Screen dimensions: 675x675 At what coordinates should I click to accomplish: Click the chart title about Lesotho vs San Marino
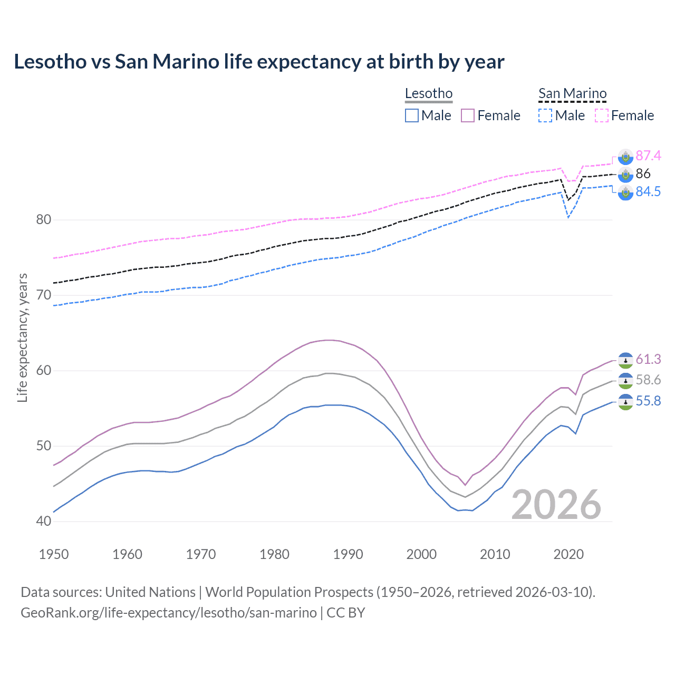point(259,62)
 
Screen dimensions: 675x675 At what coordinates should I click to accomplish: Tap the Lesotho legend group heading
point(428,93)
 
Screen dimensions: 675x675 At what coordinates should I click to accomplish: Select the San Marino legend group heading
point(572,93)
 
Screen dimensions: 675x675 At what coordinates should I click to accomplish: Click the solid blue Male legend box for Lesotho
point(412,115)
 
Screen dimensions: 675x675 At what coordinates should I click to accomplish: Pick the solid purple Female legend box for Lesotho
point(468,115)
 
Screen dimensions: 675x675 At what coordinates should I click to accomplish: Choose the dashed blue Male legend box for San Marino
point(545,115)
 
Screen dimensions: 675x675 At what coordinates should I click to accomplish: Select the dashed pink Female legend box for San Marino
point(602,115)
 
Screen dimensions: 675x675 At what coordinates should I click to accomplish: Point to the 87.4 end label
point(648,156)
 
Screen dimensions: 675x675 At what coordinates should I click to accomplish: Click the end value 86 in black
point(643,173)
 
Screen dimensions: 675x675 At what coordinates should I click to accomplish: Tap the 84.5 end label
point(648,191)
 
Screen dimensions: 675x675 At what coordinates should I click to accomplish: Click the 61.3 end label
point(648,359)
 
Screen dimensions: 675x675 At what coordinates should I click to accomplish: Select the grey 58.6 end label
point(648,380)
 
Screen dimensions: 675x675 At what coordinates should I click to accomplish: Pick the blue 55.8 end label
point(648,401)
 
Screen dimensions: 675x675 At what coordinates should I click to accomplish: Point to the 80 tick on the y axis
point(44,219)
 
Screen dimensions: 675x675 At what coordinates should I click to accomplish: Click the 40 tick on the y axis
point(44,521)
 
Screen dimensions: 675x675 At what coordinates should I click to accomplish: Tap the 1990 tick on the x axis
point(348,554)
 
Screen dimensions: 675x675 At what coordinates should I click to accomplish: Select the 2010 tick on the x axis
point(495,554)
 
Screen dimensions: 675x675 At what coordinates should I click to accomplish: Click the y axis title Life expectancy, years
point(23,337)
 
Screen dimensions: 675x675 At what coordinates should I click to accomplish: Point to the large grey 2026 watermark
point(556,505)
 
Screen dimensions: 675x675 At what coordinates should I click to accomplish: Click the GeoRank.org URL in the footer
point(169,613)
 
